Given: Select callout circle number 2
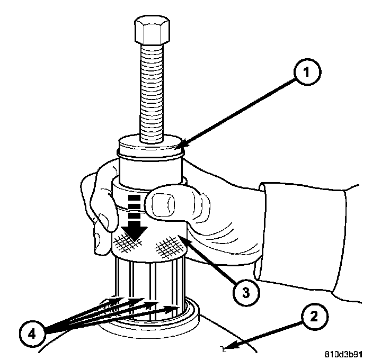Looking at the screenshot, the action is (313, 318).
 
